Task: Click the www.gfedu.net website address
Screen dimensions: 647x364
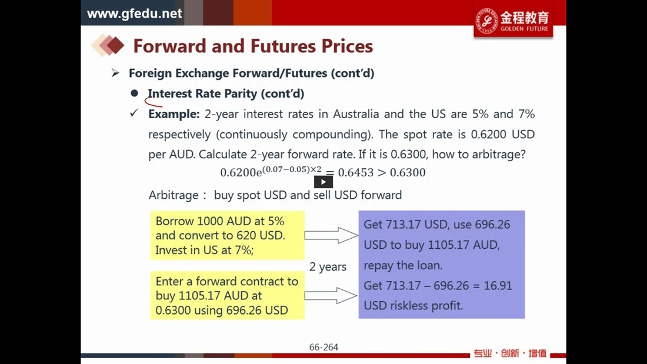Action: (x=135, y=14)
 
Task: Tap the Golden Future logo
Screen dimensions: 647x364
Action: (x=513, y=21)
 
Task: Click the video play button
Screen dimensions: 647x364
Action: (x=323, y=182)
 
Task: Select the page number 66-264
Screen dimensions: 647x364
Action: (x=323, y=347)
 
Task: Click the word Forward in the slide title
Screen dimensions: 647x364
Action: (x=170, y=46)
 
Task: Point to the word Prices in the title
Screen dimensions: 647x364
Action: (x=347, y=46)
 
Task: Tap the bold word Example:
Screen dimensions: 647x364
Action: (x=174, y=114)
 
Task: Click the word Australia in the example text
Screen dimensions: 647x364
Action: (x=356, y=114)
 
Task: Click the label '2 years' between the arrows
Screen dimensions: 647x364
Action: (x=328, y=266)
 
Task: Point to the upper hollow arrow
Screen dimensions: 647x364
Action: (x=331, y=235)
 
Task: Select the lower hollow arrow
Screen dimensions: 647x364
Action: (x=331, y=295)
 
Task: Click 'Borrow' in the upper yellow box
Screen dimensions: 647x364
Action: (x=175, y=221)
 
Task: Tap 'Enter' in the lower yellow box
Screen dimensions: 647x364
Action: (x=169, y=282)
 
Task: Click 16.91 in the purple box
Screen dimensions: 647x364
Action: (x=497, y=286)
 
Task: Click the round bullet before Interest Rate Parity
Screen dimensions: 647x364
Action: (x=135, y=93)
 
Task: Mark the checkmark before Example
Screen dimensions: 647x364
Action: (x=134, y=113)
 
